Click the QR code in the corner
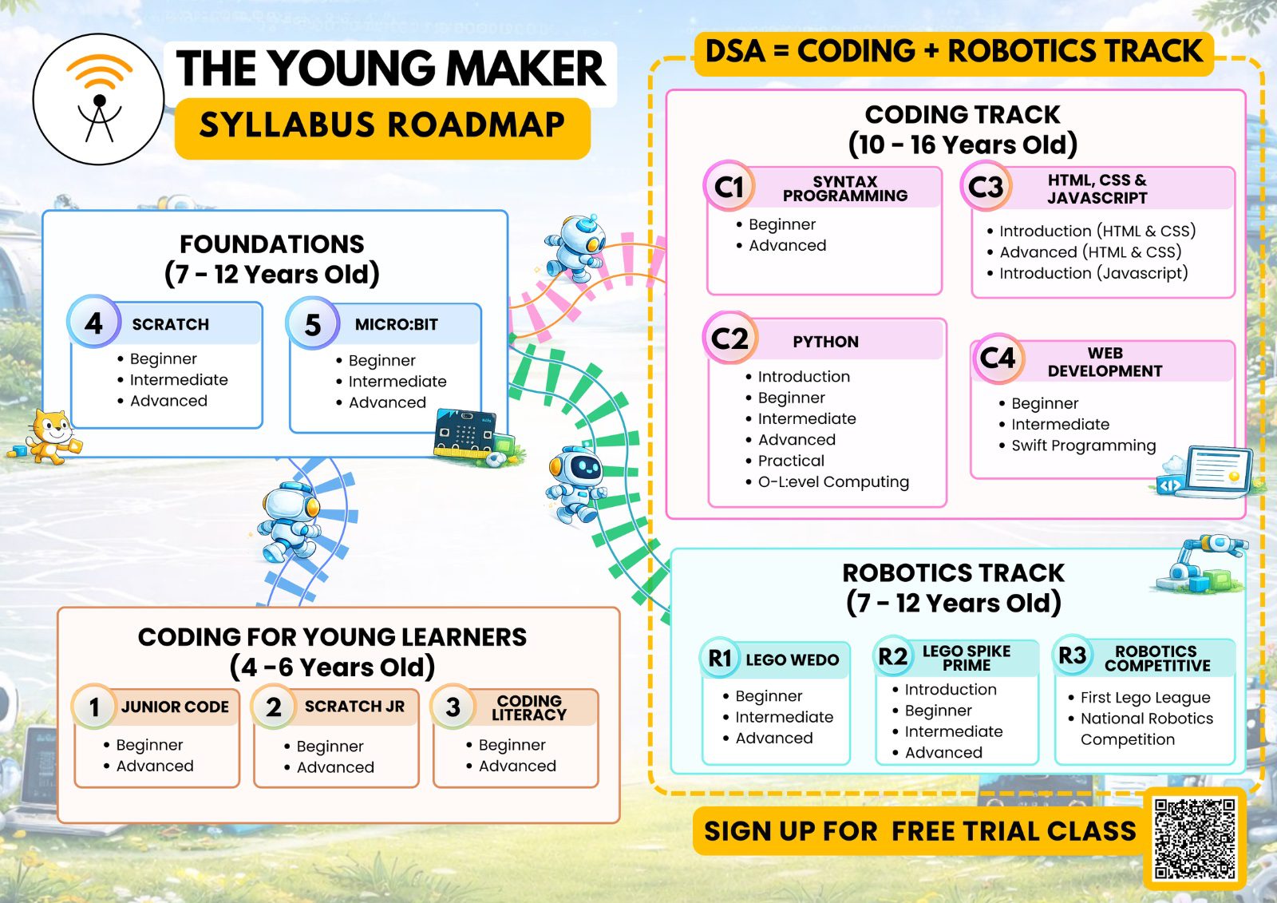1194,838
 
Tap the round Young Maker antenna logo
99,99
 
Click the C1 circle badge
729,187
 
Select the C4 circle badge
998,358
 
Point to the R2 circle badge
893,656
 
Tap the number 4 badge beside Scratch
93,322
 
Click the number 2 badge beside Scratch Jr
274,707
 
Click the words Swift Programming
1083,446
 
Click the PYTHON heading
825,342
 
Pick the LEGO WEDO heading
793,660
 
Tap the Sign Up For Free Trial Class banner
920,831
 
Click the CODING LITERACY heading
529,707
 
